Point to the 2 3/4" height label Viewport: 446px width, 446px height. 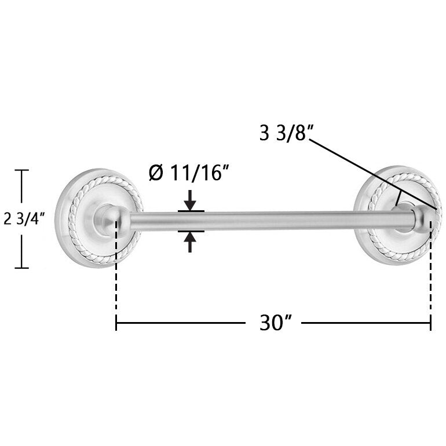tap(24, 219)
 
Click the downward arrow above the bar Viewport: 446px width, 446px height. tap(190, 200)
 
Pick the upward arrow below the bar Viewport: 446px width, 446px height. tap(190, 242)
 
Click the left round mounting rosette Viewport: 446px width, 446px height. tap(98, 218)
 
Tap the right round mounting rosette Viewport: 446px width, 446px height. tap(398, 215)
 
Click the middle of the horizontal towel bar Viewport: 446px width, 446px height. tap(272, 221)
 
